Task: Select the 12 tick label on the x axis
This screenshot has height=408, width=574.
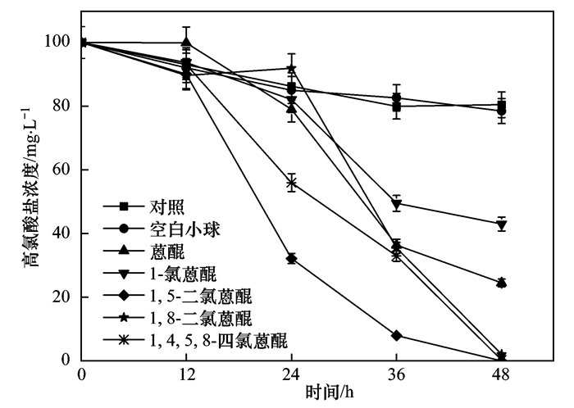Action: (186, 374)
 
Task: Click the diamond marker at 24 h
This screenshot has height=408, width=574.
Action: (291, 259)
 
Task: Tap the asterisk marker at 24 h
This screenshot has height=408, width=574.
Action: (291, 183)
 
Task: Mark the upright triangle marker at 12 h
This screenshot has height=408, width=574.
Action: (186, 43)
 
